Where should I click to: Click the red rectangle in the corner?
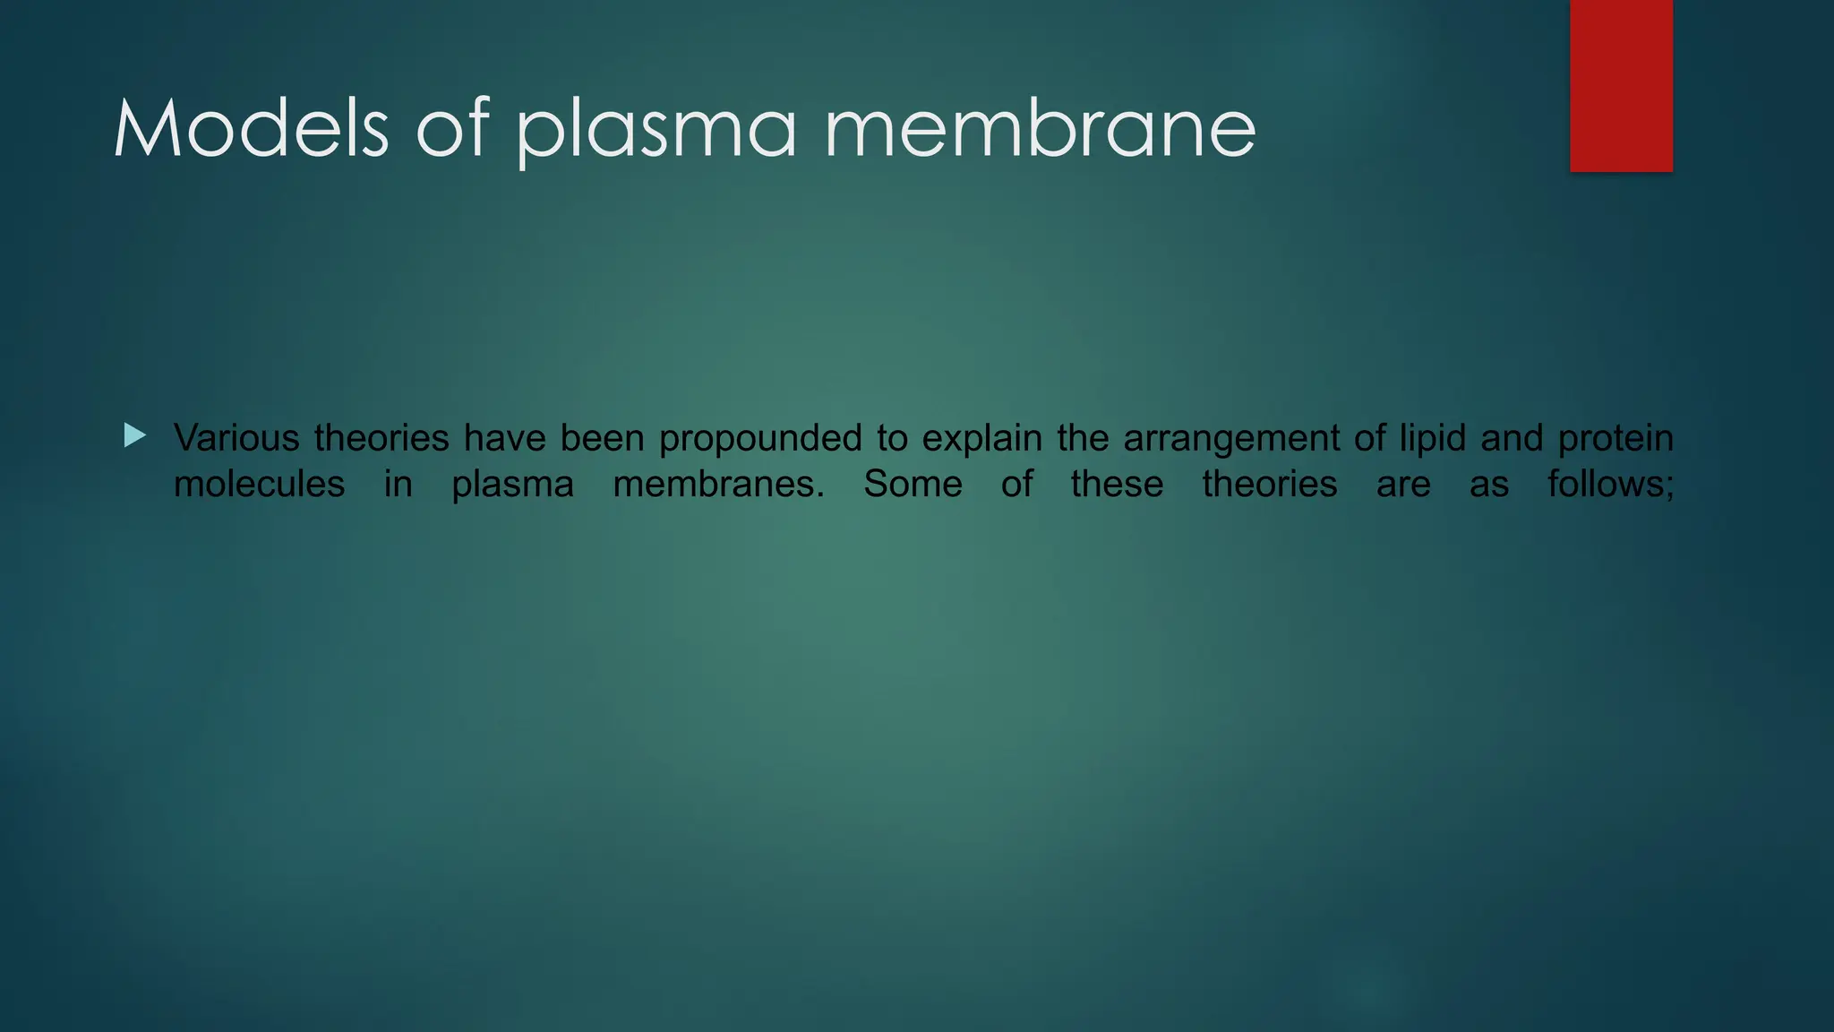pyautogui.click(x=1621, y=86)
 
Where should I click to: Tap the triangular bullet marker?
pyautogui.click(x=135, y=436)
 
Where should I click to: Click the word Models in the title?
pyautogui.click(x=252, y=130)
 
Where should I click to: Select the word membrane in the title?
pyautogui.click(x=1040, y=130)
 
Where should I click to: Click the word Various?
pyautogui.click(x=236, y=438)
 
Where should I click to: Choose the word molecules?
pyautogui.click(x=259, y=485)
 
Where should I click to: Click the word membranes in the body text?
pyautogui.click(x=718, y=485)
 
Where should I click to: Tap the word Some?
pyautogui.click(x=913, y=485)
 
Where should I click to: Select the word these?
pyautogui.click(x=1117, y=485)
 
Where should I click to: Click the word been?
pyautogui.click(x=603, y=438)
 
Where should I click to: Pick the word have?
pyautogui.click(x=504, y=438)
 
